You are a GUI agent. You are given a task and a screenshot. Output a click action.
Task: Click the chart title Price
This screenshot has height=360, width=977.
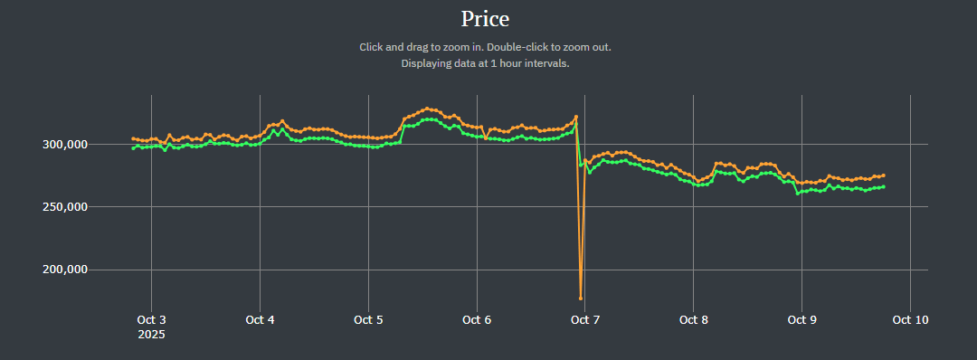pyautogui.click(x=485, y=18)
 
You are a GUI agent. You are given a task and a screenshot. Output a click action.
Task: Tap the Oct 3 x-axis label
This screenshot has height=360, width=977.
pyautogui.click(x=150, y=319)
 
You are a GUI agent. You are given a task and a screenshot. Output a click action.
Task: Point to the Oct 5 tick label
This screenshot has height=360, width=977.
pyautogui.click(x=367, y=319)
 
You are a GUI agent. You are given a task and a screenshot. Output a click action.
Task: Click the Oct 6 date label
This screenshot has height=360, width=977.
pyautogui.click(x=476, y=319)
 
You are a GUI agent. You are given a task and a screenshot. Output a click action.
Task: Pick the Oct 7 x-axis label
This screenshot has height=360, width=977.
pyautogui.click(x=584, y=319)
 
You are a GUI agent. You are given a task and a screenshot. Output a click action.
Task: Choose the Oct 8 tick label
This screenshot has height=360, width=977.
pyautogui.click(x=693, y=319)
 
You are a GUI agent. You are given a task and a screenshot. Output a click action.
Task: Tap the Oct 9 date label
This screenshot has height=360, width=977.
pyautogui.click(x=802, y=319)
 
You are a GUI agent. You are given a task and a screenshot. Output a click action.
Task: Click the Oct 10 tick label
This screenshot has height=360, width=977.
pyautogui.click(x=910, y=319)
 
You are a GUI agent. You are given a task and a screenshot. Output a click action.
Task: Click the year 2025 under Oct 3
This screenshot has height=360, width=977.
pyautogui.click(x=150, y=335)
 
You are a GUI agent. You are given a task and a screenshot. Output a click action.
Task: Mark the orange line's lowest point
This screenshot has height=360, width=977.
pyautogui.click(x=581, y=298)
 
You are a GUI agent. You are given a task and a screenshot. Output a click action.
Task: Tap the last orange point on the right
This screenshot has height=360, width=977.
pyautogui.click(x=884, y=175)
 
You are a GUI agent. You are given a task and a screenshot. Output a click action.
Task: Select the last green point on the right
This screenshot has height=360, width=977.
pyautogui.click(x=884, y=186)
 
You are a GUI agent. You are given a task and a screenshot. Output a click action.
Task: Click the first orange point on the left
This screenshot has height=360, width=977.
pyautogui.click(x=133, y=138)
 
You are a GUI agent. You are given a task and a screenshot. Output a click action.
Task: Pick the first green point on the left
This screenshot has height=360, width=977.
pyautogui.click(x=133, y=148)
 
